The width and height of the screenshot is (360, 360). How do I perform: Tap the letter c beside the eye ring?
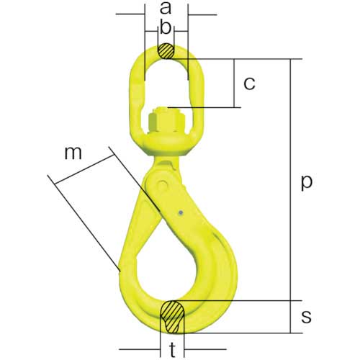click(249, 83)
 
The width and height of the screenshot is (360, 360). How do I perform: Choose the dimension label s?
click(307, 316)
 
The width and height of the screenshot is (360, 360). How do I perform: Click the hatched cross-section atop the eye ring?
click(166, 52)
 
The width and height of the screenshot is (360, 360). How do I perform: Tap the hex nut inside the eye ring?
click(166, 117)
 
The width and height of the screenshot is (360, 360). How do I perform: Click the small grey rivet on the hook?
click(181, 212)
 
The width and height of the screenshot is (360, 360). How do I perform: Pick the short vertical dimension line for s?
click(291, 316)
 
